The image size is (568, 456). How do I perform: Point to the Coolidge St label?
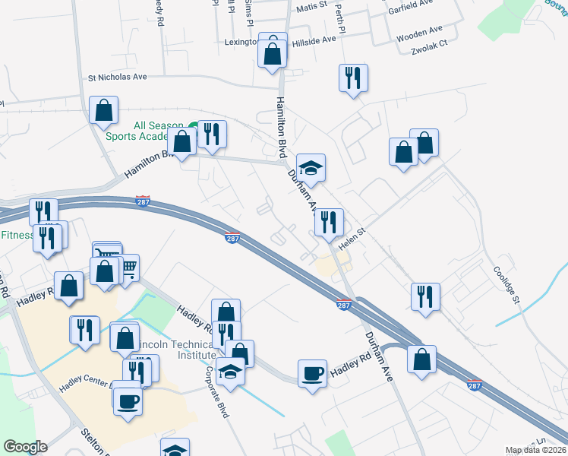(506, 285)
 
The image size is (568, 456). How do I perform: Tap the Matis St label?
(311, 7)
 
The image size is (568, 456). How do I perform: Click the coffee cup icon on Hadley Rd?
(312, 373)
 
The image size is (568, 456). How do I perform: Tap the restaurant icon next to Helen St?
(329, 222)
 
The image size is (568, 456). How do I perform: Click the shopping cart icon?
(127, 267)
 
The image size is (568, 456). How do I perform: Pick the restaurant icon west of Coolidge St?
(425, 296)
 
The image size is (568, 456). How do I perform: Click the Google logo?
(25, 447)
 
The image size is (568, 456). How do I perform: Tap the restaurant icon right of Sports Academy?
(212, 135)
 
